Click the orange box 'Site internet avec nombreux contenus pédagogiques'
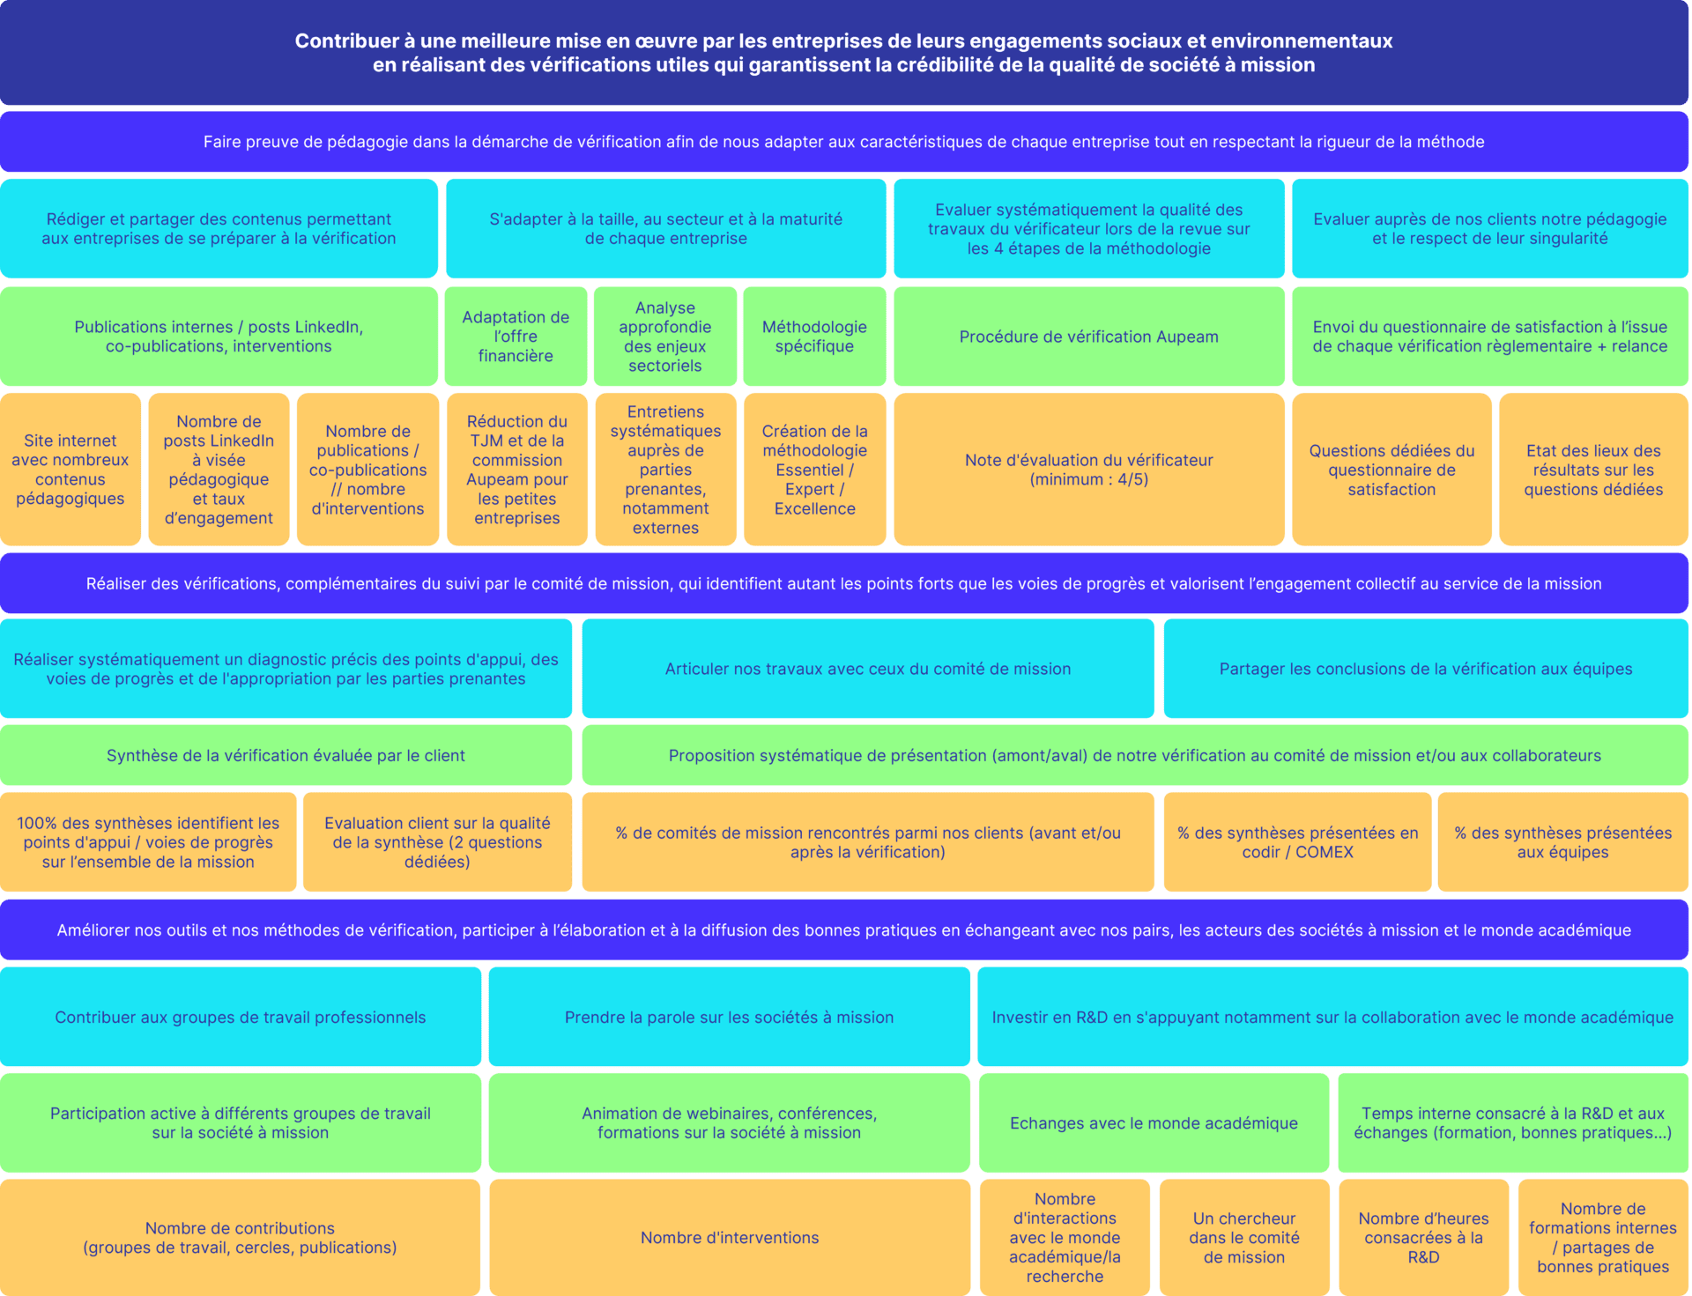tap(70, 470)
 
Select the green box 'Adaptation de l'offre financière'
tap(516, 337)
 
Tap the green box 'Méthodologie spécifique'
tap(814, 337)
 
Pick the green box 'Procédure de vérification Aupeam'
tap(1089, 337)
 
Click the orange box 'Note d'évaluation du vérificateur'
tap(1089, 470)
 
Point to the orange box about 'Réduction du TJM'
tap(517, 470)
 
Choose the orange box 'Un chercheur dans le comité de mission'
tap(1244, 1238)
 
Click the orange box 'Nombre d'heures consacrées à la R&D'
tap(1423, 1238)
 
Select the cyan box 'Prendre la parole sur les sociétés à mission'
tap(730, 1017)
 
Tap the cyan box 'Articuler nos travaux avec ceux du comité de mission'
tap(868, 669)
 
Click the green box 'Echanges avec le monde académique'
tap(1154, 1123)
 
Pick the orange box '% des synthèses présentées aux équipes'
tap(1563, 842)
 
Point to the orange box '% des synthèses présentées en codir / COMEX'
tap(1298, 842)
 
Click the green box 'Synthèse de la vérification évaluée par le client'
tap(286, 755)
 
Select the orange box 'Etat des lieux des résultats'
tap(1593, 470)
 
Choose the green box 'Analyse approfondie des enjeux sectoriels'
tap(665, 337)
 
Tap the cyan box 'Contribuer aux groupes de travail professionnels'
tap(241, 1017)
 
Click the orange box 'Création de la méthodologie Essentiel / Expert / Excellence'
tap(815, 470)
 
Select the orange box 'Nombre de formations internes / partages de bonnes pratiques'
tap(1603, 1238)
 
